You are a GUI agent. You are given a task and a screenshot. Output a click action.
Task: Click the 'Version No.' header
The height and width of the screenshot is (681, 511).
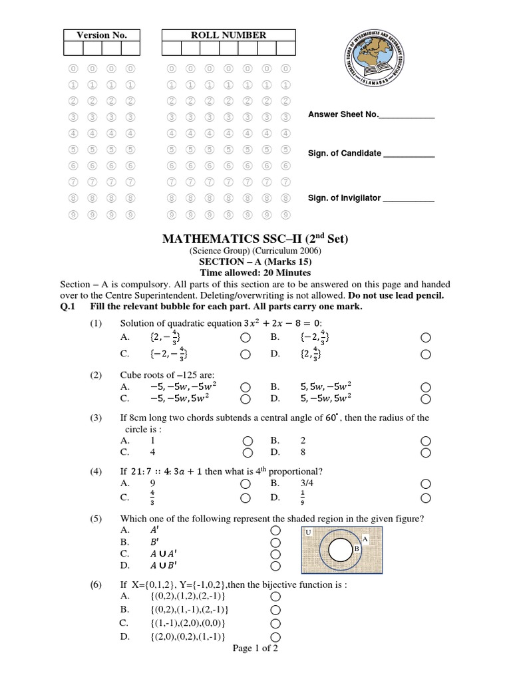click(102, 35)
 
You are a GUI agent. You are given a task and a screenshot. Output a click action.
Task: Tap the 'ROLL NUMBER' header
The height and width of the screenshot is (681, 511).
click(228, 35)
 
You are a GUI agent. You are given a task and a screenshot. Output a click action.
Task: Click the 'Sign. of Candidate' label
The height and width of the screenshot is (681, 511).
click(344, 154)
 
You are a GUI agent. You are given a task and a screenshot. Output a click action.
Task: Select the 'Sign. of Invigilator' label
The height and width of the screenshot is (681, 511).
click(344, 198)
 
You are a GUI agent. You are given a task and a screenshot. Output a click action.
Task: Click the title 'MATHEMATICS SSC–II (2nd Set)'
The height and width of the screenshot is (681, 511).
click(255, 239)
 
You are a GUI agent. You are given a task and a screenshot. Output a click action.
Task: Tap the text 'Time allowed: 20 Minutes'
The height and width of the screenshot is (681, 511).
click(255, 273)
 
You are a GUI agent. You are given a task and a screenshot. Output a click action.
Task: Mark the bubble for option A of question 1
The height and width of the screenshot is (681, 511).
click(246, 337)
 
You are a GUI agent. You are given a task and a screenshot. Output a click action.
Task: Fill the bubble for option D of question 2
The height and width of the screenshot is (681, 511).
click(426, 399)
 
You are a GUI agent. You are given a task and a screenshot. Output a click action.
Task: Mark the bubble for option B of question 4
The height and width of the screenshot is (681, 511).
click(426, 484)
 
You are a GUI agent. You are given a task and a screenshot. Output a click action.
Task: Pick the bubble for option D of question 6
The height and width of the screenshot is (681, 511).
click(276, 636)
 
